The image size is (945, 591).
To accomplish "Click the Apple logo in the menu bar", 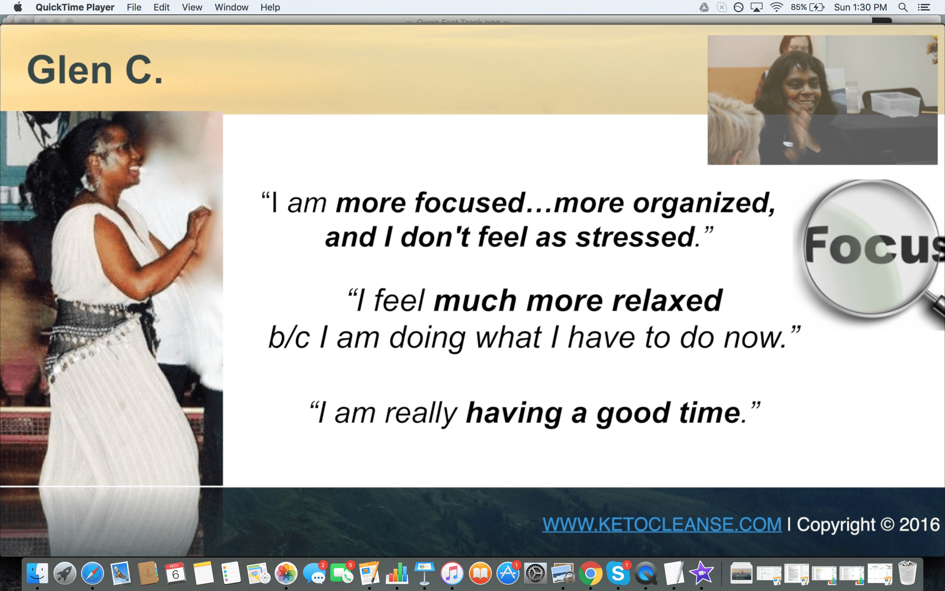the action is pos(18,7).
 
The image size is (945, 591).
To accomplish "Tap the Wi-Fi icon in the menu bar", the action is pos(776,7).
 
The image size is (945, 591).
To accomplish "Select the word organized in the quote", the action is pos(703,203).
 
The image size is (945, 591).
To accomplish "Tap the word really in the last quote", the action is pos(421,414).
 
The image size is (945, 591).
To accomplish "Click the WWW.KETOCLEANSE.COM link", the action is pos(662,524).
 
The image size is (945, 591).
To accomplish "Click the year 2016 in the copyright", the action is pos(919,524).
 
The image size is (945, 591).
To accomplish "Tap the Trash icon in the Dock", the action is pos(907,573).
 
